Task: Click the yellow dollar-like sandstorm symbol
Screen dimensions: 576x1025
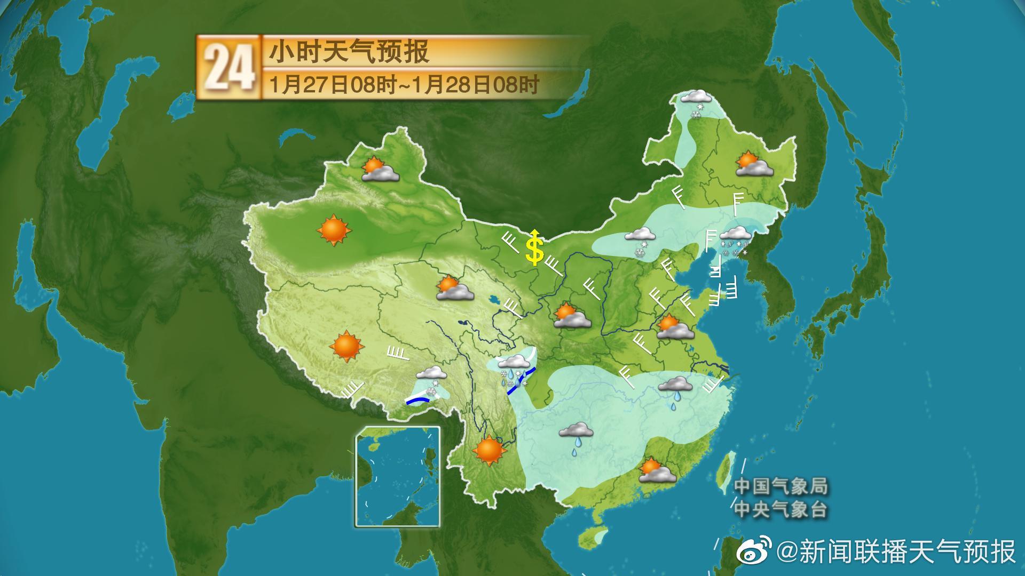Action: click(534, 249)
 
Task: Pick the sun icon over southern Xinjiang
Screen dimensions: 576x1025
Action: click(334, 230)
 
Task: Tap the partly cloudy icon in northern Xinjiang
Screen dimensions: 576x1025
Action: click(380, 169)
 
